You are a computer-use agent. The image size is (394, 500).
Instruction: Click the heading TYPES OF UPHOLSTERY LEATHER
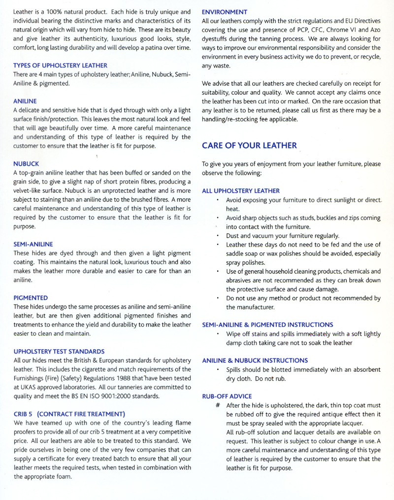(60, 65)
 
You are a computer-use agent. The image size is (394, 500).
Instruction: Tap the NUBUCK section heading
(26, 162)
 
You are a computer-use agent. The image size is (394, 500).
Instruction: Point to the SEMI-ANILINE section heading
(33, 244)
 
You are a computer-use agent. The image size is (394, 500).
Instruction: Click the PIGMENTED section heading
(31, 298)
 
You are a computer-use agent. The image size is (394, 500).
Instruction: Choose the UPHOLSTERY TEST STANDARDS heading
(59, 352)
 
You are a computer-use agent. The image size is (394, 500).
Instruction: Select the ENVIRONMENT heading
(225, 11)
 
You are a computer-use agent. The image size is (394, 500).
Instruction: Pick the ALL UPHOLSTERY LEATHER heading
(241, 190)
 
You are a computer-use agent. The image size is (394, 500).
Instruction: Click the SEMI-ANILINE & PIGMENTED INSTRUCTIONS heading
(267, 324)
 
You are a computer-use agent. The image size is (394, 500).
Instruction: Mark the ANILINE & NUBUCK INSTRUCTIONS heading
(255, 360)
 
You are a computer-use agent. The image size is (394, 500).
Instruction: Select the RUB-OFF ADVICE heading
(227, 396)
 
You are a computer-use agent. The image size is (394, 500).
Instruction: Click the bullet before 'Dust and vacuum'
(218, 236)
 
